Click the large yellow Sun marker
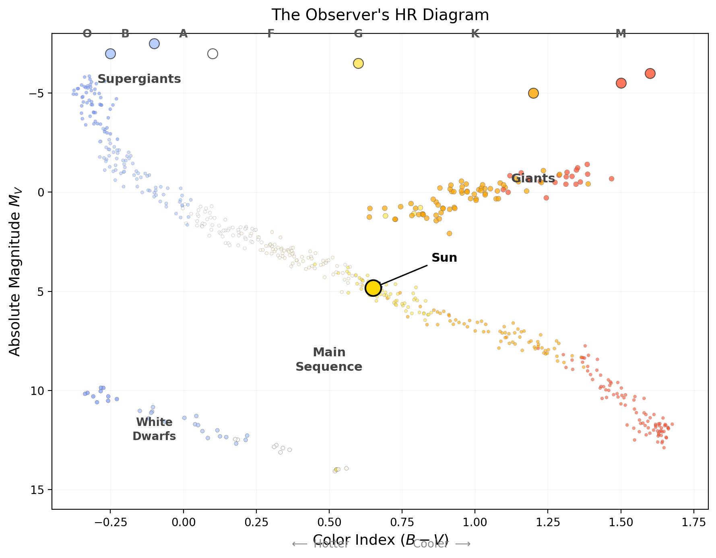tap(373, 288)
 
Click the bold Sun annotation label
tap(444, 258)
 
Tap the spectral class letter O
tap(87, 34)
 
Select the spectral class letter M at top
tap(621, 34)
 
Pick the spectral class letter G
tap(358, 34)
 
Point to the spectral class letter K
tap(475, 34)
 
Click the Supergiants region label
tap(139, 79)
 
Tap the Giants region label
tap(533, 178)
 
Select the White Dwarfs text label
tap(154, 429)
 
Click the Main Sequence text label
tap(329, 360)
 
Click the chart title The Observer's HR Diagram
tap(380, 15)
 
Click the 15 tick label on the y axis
tap(37, 490)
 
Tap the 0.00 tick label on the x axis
tap(184, 523)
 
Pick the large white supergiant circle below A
tap(213, 54)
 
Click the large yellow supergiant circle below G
tap(358, 63)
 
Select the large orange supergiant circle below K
tap(533, 93)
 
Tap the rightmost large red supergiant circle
tap(650, 73)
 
